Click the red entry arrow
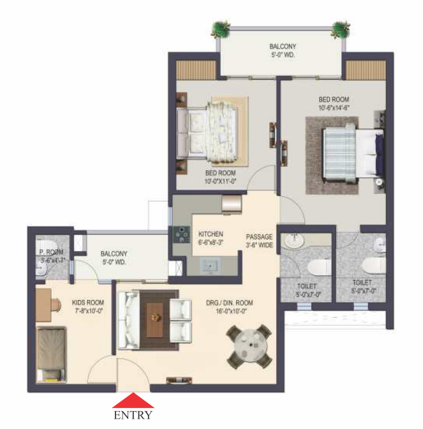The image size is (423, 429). (133, 400)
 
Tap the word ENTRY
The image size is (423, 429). (133, 415)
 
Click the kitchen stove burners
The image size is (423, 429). (181, 235)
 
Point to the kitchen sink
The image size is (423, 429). (210, 266)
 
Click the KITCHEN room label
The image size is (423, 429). (211, 234)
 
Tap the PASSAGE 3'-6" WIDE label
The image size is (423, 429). (259, 241)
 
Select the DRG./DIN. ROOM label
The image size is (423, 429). (230, 303)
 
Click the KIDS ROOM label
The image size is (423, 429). (88, 303)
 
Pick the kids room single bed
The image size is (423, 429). (52, 354)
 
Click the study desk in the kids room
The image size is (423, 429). (44, 305)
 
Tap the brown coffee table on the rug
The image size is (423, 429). (155, 320)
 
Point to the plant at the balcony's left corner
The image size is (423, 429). (221, 29)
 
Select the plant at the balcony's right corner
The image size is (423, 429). (341, 29)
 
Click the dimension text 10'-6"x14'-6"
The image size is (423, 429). (334, 108)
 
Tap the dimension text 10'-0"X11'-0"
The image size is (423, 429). (220, 181)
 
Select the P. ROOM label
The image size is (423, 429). (51, 252)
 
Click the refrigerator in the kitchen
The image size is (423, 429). (232, 204)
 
